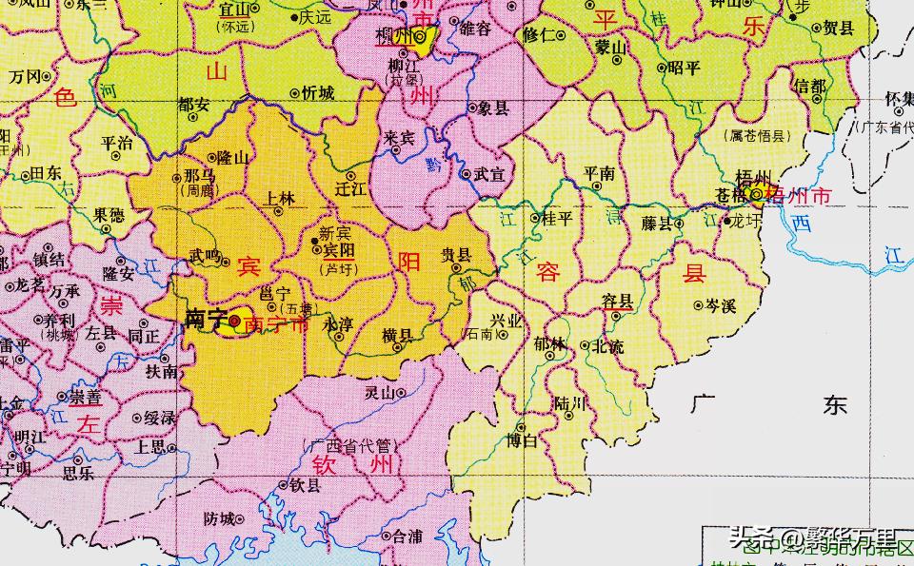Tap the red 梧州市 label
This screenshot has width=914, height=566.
point(805,197)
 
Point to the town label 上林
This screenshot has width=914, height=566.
point(279,198)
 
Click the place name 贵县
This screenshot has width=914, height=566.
point(456,255)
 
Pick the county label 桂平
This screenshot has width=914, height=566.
point(557,219)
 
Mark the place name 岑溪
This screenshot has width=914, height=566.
point(721,305)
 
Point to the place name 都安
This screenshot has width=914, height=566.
point(193,105)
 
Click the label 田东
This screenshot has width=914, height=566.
point(46,173)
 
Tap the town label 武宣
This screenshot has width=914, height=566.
point(487,175)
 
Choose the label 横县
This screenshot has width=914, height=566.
point(397,335)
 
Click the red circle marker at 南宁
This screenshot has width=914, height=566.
point(234,321)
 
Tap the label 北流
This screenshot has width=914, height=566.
point(608,347)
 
